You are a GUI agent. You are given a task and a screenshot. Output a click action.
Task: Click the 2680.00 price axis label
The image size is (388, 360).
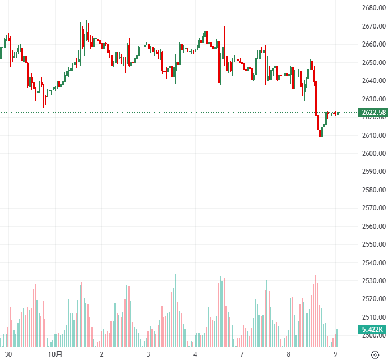373,8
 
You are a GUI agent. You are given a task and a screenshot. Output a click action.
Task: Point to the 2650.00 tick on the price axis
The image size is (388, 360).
373,62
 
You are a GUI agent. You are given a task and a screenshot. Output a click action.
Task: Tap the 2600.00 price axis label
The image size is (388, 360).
373,154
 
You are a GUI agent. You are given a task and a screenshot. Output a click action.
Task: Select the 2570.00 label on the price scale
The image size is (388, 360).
373,208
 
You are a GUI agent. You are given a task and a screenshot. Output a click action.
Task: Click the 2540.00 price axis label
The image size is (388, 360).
373,263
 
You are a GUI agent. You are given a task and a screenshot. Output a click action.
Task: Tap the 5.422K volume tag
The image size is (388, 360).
372,330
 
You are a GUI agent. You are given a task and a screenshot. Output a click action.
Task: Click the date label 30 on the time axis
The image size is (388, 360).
8,354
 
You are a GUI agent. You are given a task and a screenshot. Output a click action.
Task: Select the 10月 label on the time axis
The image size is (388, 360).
55,354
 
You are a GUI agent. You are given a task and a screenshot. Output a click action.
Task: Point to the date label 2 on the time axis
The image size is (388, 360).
101,354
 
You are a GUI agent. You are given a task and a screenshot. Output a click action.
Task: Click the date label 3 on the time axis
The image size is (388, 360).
148,354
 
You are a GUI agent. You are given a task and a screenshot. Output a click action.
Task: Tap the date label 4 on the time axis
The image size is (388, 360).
195,354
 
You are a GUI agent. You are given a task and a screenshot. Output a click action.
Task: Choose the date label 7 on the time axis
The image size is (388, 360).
242,354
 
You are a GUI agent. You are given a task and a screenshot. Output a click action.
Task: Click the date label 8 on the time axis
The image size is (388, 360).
288,354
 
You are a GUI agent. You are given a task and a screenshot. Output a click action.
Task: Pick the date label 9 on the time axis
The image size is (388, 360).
335,354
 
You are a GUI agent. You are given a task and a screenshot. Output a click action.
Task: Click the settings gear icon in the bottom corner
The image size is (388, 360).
375,354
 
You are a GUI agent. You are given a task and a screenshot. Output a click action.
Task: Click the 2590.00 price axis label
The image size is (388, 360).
373,172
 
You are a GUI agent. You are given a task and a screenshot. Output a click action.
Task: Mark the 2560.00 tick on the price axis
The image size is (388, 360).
373,227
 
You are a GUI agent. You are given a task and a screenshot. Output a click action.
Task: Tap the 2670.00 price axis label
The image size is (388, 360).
373,26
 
